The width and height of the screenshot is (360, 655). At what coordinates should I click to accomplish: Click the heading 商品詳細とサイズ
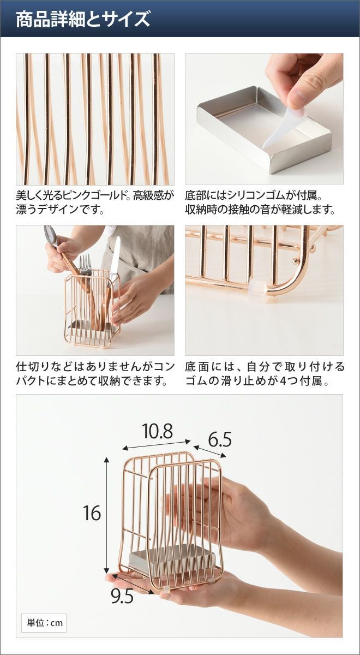click(83, 19)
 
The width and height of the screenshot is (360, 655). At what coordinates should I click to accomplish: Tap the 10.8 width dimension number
click(158, 431)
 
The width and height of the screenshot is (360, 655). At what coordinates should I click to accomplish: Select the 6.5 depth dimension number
click(220, 440)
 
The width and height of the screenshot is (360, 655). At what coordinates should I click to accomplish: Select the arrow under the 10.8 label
click(157, 445)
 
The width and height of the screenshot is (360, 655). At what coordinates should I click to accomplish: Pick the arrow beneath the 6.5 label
click(209, 451)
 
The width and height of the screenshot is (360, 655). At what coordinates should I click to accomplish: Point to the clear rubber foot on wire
click(257, 291)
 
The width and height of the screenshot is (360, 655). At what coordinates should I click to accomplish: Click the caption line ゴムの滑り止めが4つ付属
click(257, 381)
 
